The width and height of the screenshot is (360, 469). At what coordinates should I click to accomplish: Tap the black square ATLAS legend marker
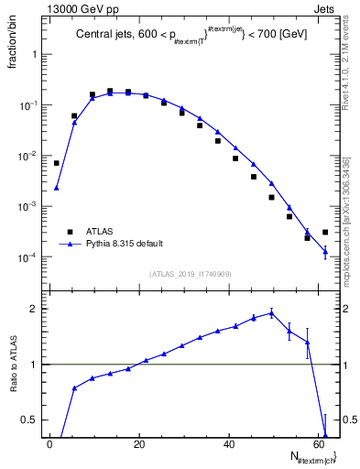(x=67, y=233)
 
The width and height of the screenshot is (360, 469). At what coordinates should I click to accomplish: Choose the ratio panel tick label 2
(x=32, y=309)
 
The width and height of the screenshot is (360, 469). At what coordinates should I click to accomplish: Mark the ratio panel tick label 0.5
(x=28, y=420)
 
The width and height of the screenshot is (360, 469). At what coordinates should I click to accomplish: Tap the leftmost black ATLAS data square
(x=57, y=163)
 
